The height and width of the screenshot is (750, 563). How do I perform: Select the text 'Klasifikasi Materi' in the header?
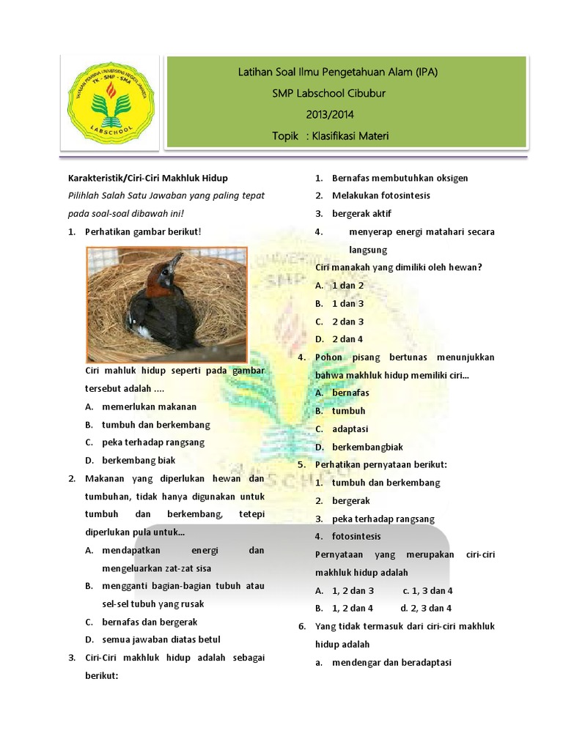coord(350,135)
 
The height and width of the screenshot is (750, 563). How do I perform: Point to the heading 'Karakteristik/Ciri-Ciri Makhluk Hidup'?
coord(147,178)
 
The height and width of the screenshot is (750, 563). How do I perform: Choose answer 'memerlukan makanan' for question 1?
coord(149,406)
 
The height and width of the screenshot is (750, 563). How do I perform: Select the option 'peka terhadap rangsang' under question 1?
coord(152,442)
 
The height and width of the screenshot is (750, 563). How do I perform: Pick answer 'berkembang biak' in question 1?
coord(139,460)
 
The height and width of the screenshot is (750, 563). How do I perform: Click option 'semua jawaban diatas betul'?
coord(161,639)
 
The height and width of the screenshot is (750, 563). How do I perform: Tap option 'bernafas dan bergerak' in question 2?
coord(150,622)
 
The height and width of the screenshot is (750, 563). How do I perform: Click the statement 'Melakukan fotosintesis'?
coord(380,196)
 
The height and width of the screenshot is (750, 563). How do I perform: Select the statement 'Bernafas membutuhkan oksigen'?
coord(400,178)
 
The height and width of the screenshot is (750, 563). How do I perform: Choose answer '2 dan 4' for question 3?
coord(347,339)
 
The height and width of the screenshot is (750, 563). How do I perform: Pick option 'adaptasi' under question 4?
coord(350,428)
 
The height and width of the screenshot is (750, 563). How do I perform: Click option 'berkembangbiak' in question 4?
coord(367,447)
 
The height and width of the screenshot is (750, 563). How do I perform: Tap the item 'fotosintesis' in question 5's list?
coord(356,536)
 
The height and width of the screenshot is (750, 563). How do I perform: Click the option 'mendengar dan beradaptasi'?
coord(391,663)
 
